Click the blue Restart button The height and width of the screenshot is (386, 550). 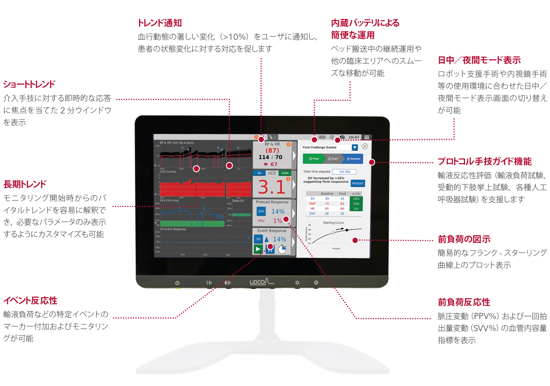[x=358, y=183]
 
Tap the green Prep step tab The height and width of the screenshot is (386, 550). [x=314, y=159]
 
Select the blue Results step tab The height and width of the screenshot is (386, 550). [x=354, y=159]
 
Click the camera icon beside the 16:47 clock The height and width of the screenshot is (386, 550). [x=342, y=137]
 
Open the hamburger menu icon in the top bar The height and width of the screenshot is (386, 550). [x=367, y=137]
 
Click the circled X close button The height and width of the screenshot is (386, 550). [x=365, y=146]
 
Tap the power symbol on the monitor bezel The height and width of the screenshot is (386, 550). [x=177, y=283]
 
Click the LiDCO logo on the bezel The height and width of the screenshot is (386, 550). [x=261, y=282]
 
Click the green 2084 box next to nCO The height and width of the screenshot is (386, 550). [x=285, y=173]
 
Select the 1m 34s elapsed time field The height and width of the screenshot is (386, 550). [x=344, y=172]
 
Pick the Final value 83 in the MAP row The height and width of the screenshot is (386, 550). [x=342, y=204]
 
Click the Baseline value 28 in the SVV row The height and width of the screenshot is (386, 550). [x=327, y=214]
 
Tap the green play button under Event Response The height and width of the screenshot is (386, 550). [x=258, y=249]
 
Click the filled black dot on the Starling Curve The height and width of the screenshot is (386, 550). [x=347, y=230]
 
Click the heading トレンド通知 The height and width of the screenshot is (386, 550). [x=160, y=23]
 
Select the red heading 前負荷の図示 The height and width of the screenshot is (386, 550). [x=464, y=239]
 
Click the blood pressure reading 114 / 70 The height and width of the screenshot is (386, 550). [x=270, y=157]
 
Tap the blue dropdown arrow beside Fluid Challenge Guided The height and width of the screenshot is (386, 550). [x=355, y=147]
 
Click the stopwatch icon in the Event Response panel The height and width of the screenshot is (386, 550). [x=282, y=249]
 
